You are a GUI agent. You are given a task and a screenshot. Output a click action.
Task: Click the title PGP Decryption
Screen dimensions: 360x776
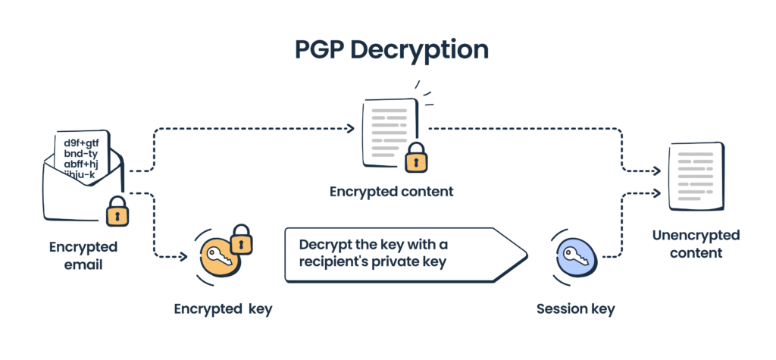388,49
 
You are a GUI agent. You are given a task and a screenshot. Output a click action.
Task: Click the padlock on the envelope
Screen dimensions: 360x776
117,212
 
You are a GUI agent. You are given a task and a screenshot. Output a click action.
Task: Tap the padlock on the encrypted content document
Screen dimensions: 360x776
415,158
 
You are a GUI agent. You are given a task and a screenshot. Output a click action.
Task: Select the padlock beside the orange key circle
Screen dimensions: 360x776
240,239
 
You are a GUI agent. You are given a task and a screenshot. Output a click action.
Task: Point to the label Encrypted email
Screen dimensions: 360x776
83,256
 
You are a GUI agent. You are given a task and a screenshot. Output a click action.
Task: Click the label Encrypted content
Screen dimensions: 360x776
391,192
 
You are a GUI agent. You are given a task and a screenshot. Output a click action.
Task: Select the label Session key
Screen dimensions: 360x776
575,308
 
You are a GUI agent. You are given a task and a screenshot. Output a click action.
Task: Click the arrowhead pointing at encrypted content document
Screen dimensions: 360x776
350,129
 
